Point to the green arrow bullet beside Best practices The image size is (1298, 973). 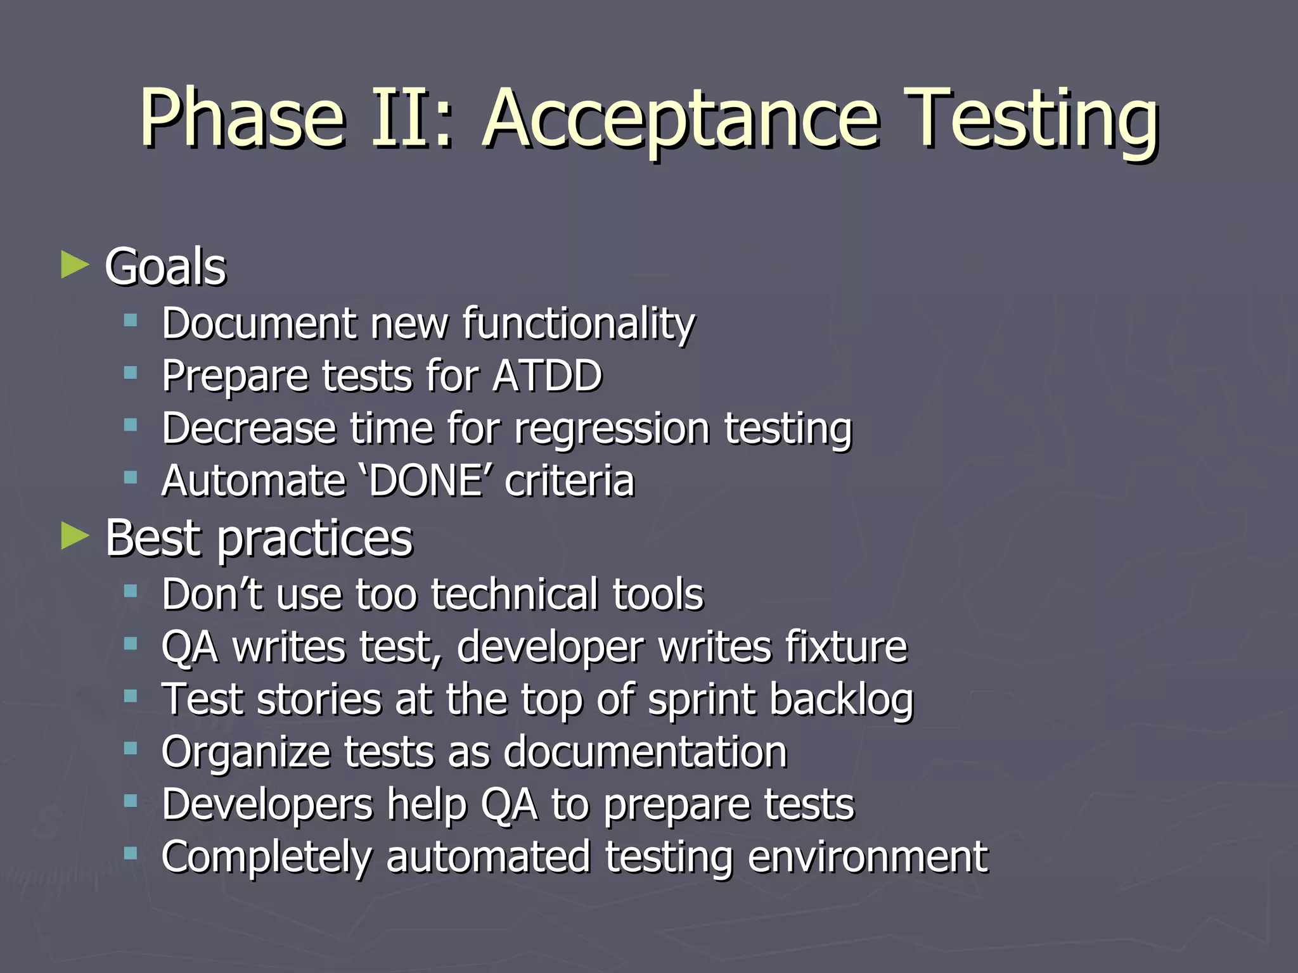tap(75, 537)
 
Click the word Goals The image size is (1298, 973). tap(165, 267)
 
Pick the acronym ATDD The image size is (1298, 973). tap(547, 376)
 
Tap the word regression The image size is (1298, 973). tap(612, 429)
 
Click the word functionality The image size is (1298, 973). tap(578, 324)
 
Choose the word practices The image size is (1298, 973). tap(315, 539)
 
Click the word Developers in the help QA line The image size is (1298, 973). tap(267, 805)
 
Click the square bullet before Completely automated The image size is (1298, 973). tap(131, 854)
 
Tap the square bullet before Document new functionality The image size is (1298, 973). tap(131, 321)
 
